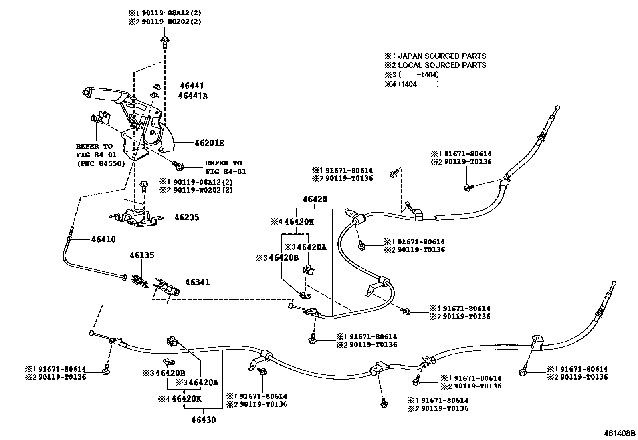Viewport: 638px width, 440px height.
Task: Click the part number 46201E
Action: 209,143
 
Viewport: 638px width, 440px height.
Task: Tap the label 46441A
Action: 193,96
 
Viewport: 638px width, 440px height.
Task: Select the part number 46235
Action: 186,217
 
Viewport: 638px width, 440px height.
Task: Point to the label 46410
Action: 103,239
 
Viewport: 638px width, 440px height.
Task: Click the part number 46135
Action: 141,255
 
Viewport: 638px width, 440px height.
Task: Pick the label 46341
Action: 197,282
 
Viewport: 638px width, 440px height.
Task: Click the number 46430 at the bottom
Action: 203,420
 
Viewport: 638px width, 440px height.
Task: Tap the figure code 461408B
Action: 620,433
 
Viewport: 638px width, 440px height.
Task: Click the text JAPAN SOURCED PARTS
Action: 442,56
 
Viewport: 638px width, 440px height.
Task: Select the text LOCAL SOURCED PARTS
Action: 442,65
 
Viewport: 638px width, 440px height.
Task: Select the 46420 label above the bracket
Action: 315,199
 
